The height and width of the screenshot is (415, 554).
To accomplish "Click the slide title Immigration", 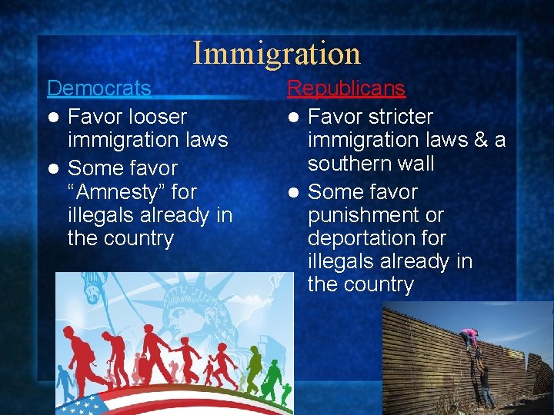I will (276, 53).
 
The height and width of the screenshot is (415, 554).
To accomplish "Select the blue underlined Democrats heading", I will (99, 88).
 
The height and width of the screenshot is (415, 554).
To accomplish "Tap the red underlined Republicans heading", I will (345, 88).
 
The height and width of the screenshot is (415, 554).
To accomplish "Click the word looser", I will (158, 117).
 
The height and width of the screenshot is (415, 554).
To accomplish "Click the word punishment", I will (375, 215).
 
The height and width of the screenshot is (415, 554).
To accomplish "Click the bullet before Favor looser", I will (52, 118).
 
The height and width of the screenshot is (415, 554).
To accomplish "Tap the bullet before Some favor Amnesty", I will (52, 168).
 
